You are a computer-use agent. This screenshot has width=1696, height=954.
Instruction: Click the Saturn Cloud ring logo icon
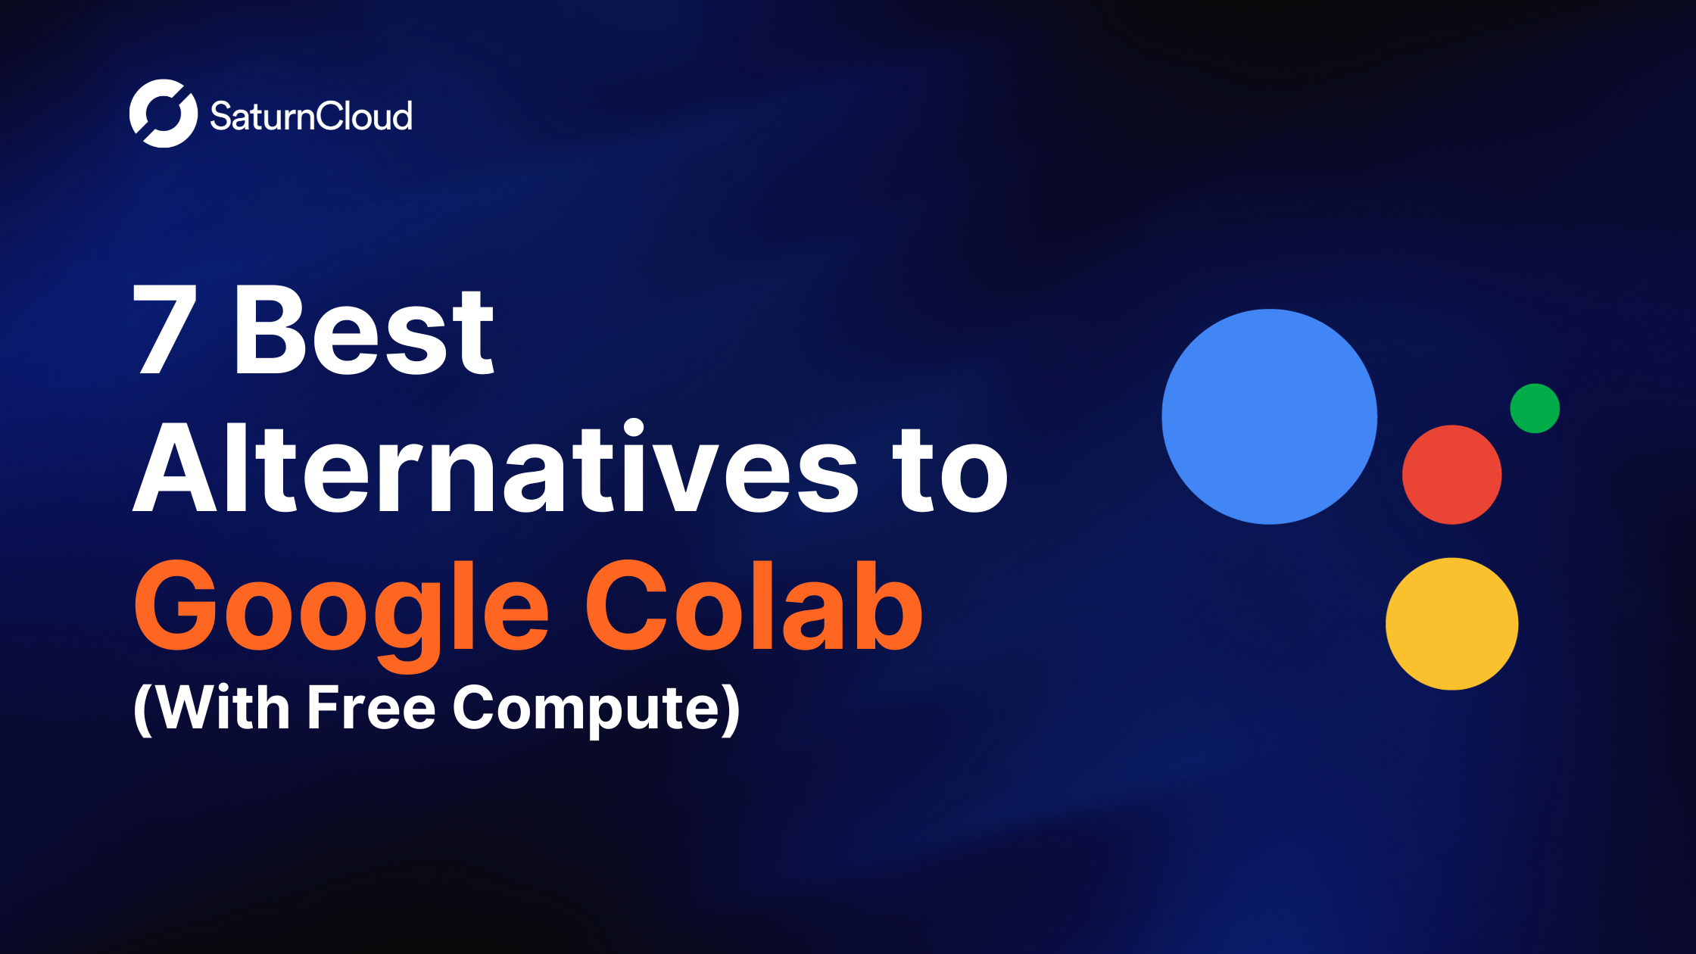coord(164,114)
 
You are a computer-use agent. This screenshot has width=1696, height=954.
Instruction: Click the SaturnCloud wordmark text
coord(311,117)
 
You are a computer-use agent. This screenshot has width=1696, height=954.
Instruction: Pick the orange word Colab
coord(753,606)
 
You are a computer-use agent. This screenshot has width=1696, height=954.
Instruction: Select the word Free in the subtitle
coord(372,708)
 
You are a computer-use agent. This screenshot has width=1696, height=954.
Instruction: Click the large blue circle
coord(1270,416)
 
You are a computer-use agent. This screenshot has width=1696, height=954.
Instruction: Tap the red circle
coord(1451,475)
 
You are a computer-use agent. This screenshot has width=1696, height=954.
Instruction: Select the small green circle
coord(1535,408)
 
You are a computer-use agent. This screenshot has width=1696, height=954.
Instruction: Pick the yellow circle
coord(1451,624)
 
